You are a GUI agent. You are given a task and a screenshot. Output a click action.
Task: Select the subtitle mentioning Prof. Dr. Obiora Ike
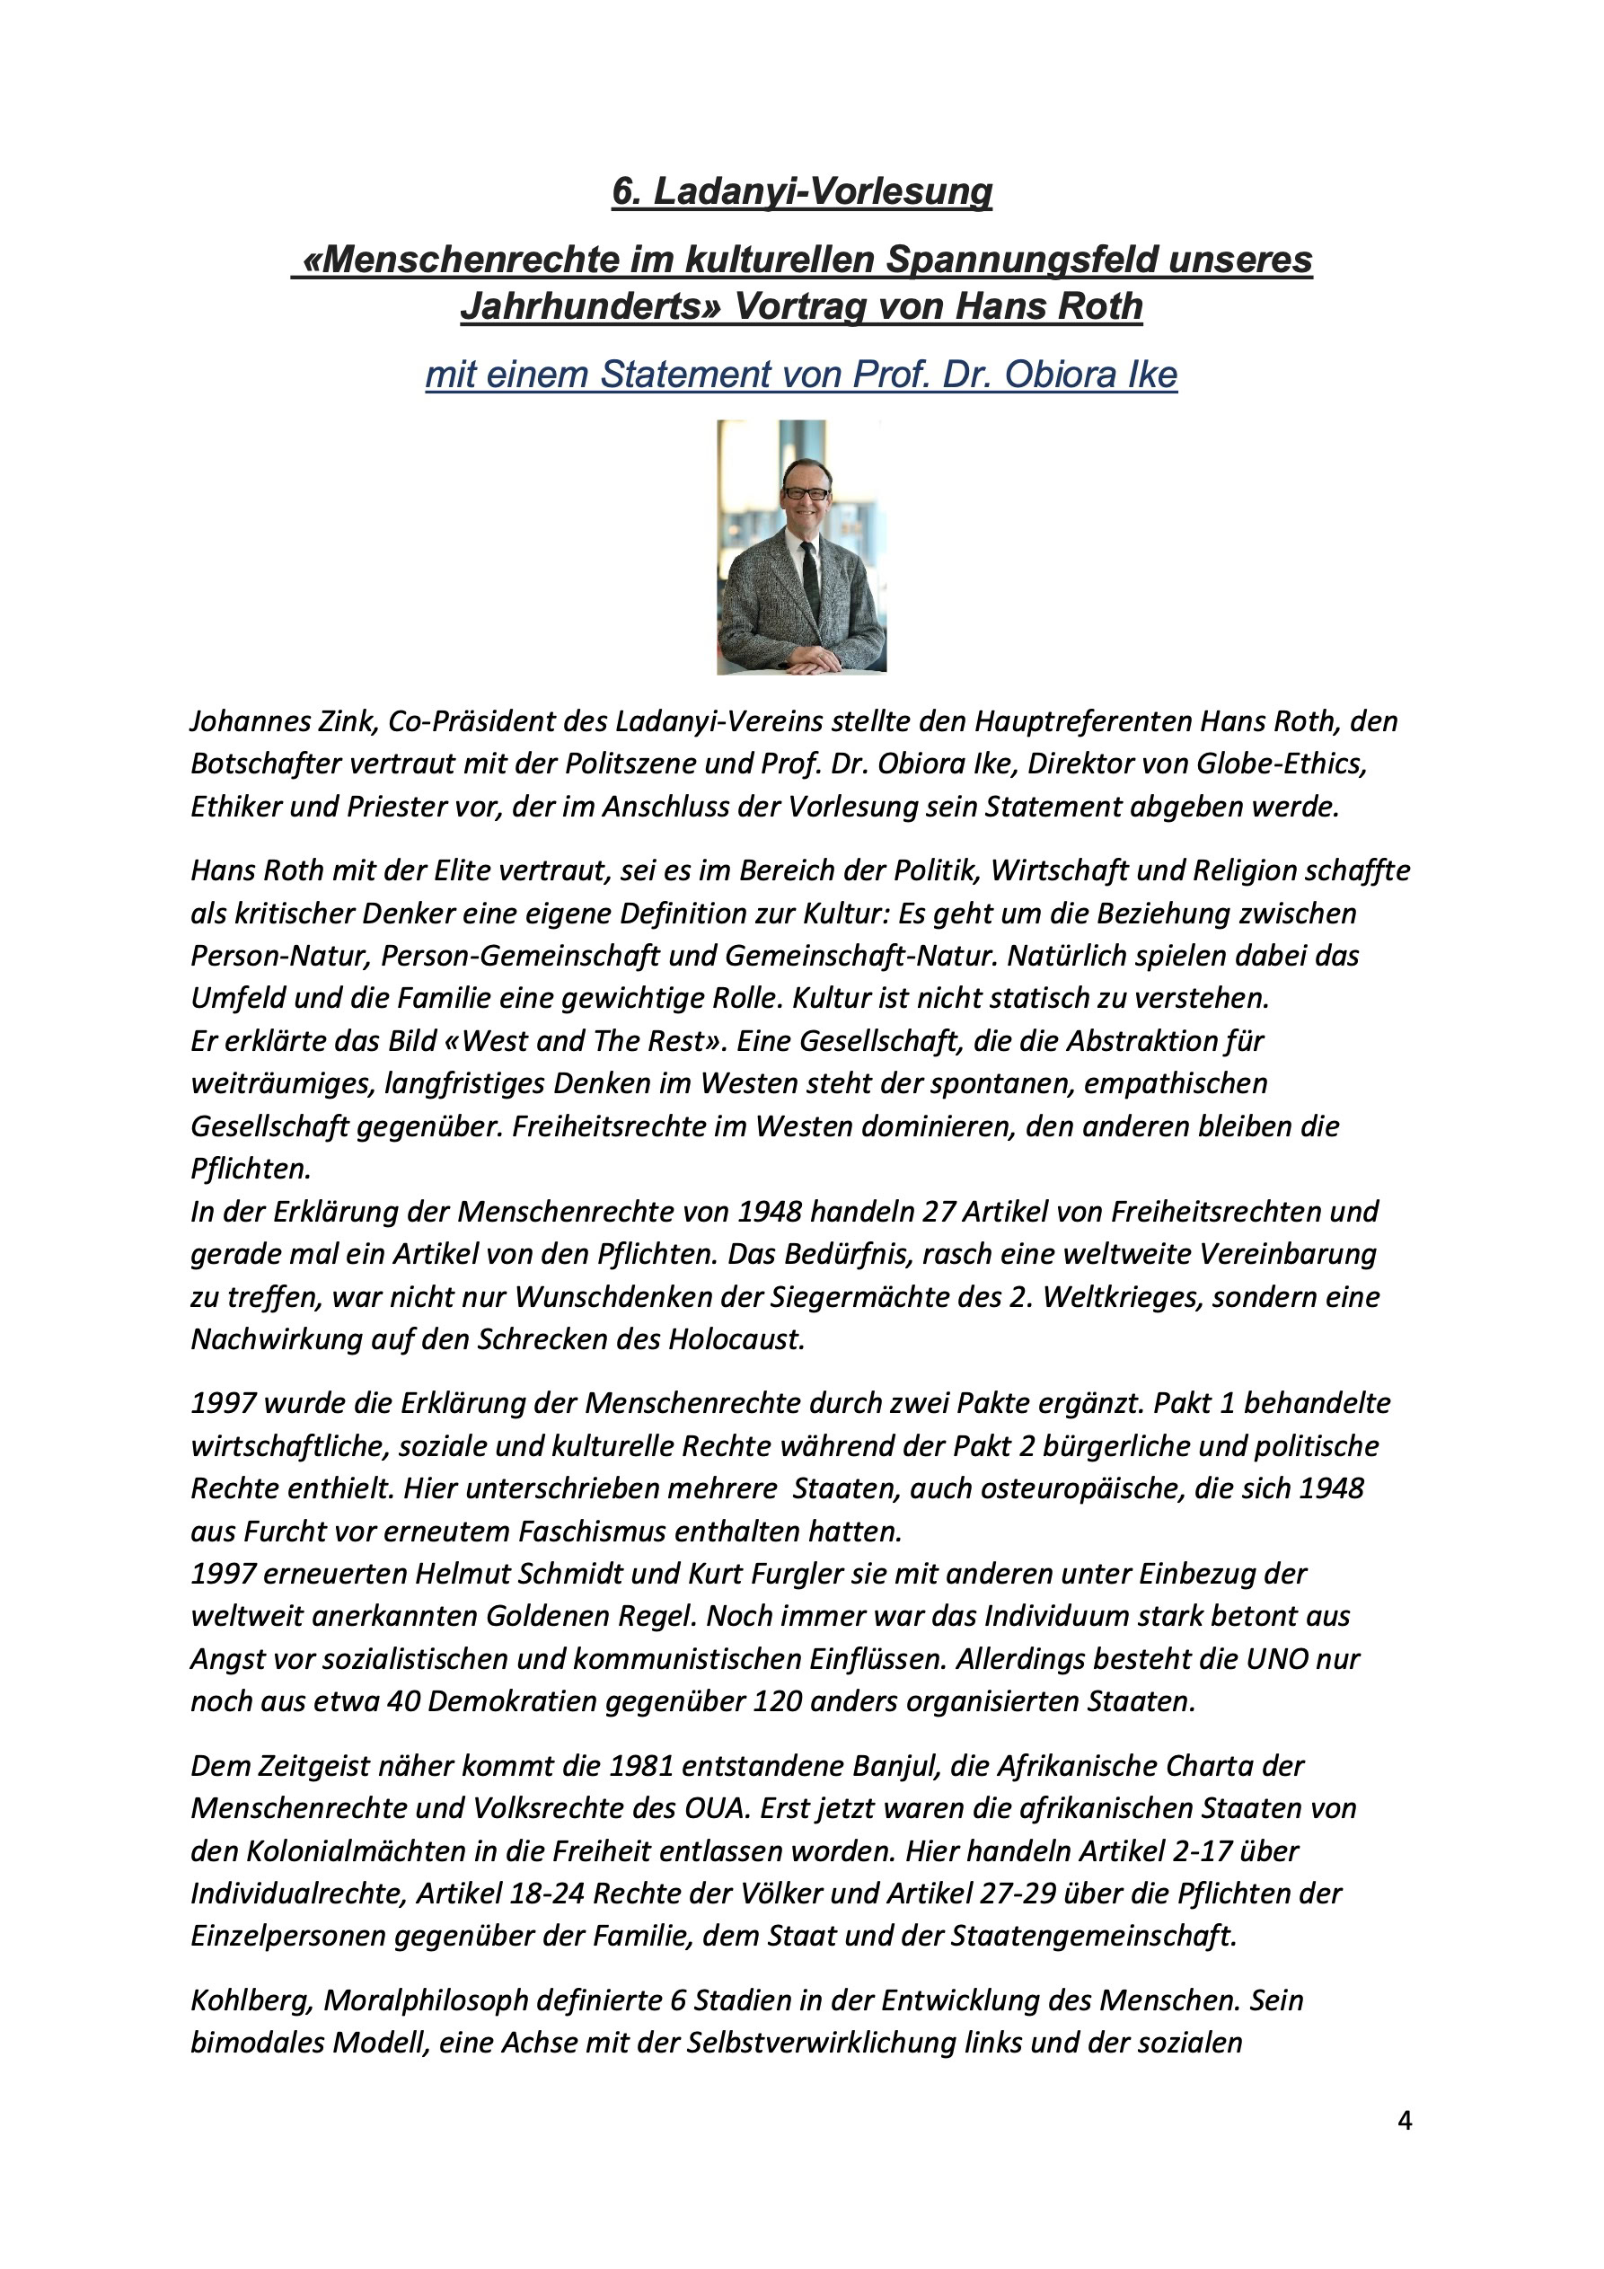801,375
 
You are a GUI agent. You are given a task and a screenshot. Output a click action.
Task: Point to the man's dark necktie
810,573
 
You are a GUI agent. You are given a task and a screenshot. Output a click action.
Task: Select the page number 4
1405,2120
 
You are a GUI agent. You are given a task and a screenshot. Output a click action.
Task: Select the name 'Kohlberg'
252,2000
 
